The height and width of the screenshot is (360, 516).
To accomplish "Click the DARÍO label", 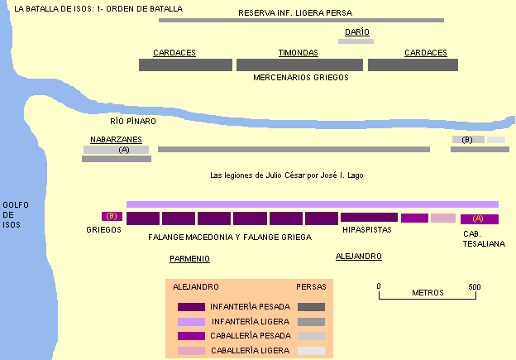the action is (x=357, y=32).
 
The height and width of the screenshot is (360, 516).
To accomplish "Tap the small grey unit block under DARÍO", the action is (x=356, y=41).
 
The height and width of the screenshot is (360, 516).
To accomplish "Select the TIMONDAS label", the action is (x=299, y=53).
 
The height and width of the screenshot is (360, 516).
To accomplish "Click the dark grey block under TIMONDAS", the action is (x=299, y=65).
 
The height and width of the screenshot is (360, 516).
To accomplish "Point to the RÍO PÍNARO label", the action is (x=133, y=121).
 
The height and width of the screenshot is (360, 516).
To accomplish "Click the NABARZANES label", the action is (x=116, y=139).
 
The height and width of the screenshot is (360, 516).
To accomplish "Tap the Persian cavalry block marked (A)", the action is (x=116, y=150).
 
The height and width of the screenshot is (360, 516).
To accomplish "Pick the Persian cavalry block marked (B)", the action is (x=468, y=140).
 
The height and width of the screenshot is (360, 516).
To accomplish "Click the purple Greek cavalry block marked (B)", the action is (x=112, y=216).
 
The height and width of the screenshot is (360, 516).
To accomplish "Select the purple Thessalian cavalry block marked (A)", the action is (x=480, y=219).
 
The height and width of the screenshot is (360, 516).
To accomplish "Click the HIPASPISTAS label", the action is (x=367, y=229).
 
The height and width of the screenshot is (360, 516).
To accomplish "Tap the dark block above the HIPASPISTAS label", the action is (x=369, y=217).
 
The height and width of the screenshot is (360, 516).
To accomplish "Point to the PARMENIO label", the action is (x=189, y=258).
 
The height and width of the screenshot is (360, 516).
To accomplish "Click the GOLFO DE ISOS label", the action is (x=16, y=214).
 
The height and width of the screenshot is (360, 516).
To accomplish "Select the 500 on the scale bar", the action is (x=475, y=287).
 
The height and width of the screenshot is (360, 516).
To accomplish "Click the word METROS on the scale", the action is (x=428, y=292).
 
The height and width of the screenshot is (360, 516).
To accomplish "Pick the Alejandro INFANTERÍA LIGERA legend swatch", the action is (x=191, y=321).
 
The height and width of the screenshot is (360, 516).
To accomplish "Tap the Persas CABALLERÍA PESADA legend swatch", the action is (x=311, y=336).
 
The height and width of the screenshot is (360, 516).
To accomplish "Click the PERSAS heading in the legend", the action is (x=311, y=287).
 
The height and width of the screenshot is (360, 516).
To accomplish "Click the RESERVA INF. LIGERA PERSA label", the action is (x=295, y=13).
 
